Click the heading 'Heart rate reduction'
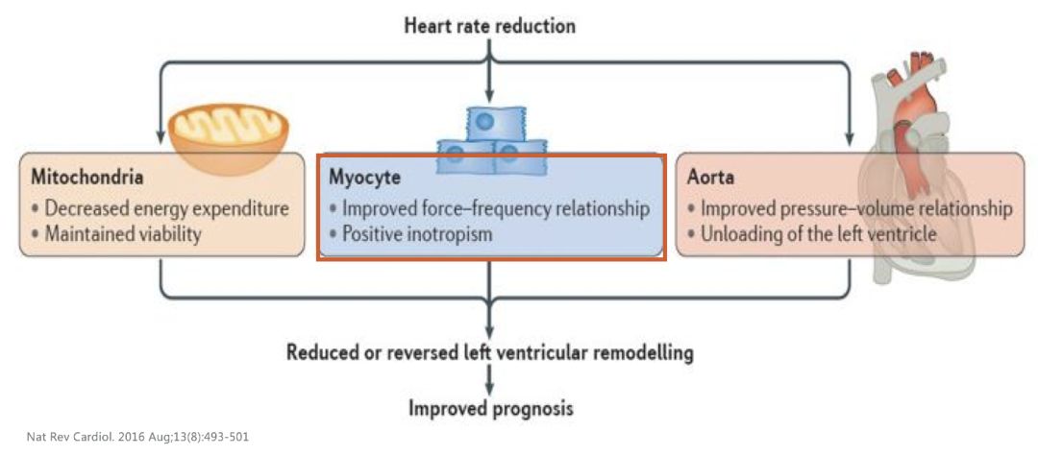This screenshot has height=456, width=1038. coord(490,26)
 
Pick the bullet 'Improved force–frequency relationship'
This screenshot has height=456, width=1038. coord(489,207)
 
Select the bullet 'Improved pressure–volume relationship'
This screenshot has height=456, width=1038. coord(849,207)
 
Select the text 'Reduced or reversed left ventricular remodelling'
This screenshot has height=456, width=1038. coord(490,352)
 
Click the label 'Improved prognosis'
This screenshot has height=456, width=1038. coord(491,409)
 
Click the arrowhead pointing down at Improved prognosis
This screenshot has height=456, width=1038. coord(490,387)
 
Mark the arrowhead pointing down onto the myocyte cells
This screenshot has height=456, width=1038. coord(490,97)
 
